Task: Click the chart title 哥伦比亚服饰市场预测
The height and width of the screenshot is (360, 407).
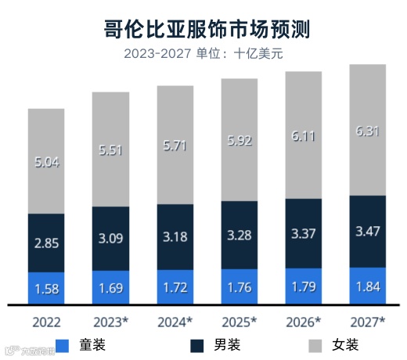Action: pyautogui.click(x=205, y=31)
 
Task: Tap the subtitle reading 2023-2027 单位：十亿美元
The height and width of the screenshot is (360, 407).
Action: pyautogui.click(x=205, y=54)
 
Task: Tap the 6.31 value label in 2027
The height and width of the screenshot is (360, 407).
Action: pyautogui.click(x=368, y=131)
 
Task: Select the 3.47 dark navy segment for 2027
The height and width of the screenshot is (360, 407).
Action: pyautogui.click(x=368, y=231)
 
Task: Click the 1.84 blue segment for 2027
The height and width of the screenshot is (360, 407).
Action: pyautogui.click(x=368, y=285)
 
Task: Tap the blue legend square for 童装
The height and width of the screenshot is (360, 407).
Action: pyautogui.click(x=63, y=344)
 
